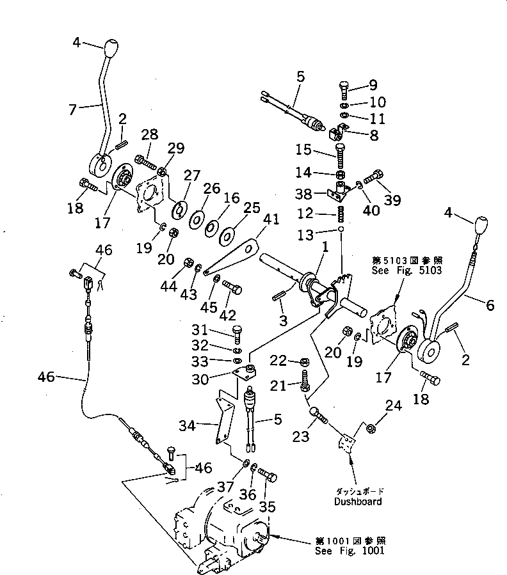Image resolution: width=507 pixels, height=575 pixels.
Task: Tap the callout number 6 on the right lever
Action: click(x=490, y=305)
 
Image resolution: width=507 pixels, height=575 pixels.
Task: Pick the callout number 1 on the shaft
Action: click(x=326, y=246)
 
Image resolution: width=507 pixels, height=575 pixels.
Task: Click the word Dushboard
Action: click(x=358, y=501)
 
